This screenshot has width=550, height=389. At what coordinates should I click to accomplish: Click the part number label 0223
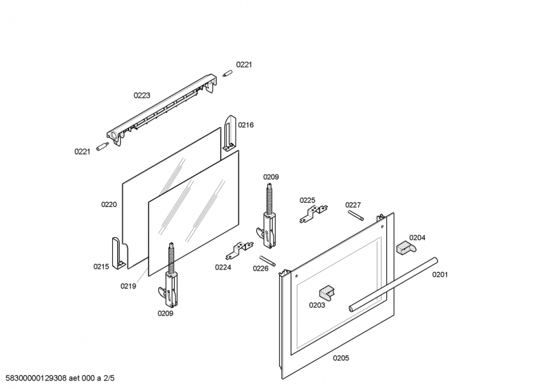point(142,96)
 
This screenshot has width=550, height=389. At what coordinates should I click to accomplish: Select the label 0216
point(245,125)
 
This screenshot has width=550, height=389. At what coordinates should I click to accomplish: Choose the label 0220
point(109,204)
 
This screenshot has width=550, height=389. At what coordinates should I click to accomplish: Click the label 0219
point(128,286)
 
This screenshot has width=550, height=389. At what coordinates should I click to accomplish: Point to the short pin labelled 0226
point(272,258)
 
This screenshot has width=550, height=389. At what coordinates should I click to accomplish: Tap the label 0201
point(439,275)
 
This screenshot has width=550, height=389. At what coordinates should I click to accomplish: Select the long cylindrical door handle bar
point(392,284)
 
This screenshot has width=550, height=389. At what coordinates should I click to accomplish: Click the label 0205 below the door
point(341,358)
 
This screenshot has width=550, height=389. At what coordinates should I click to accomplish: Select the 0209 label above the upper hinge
point(271,177)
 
